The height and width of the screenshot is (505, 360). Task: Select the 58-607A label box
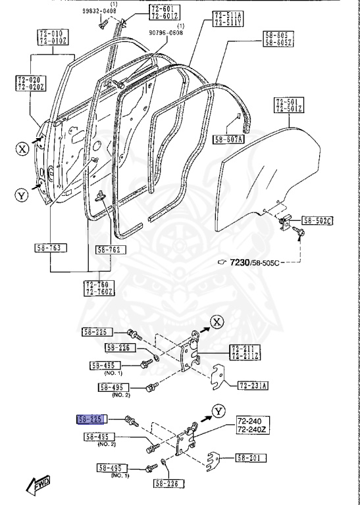click(x=228, y=139)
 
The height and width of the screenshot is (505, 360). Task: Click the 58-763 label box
click(x=51, y=248)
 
